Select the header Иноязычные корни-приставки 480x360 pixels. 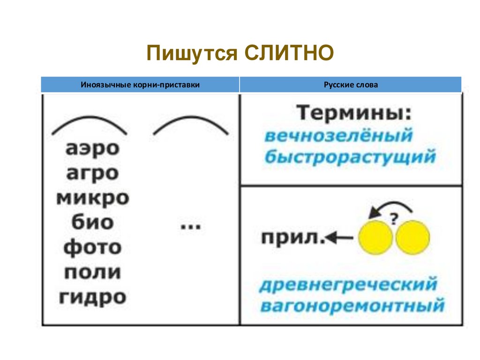point(140,85)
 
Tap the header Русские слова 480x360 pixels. point(351,85)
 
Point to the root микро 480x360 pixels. point(92,198)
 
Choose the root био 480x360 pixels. point(92,222)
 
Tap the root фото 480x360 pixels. point(92,247)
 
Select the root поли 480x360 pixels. point(92,272)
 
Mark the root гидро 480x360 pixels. point(92,297)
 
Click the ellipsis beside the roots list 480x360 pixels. point(190,226)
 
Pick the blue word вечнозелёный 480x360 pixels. point(338,136)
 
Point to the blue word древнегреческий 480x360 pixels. point(348,285)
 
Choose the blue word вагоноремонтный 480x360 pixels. point(352,306)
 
